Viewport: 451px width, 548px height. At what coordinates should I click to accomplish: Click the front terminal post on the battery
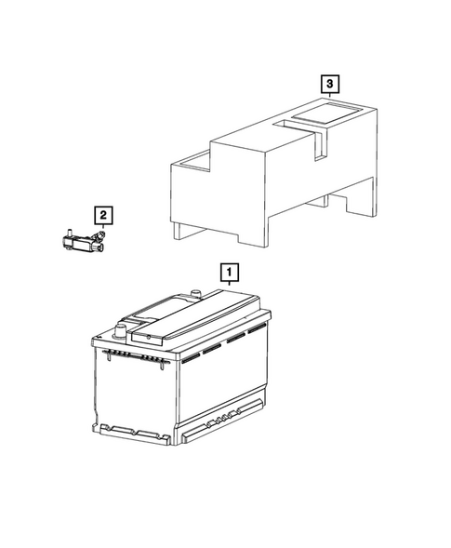tap(119, 328)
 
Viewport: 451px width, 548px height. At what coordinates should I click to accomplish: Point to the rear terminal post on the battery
tap(196, 296)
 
